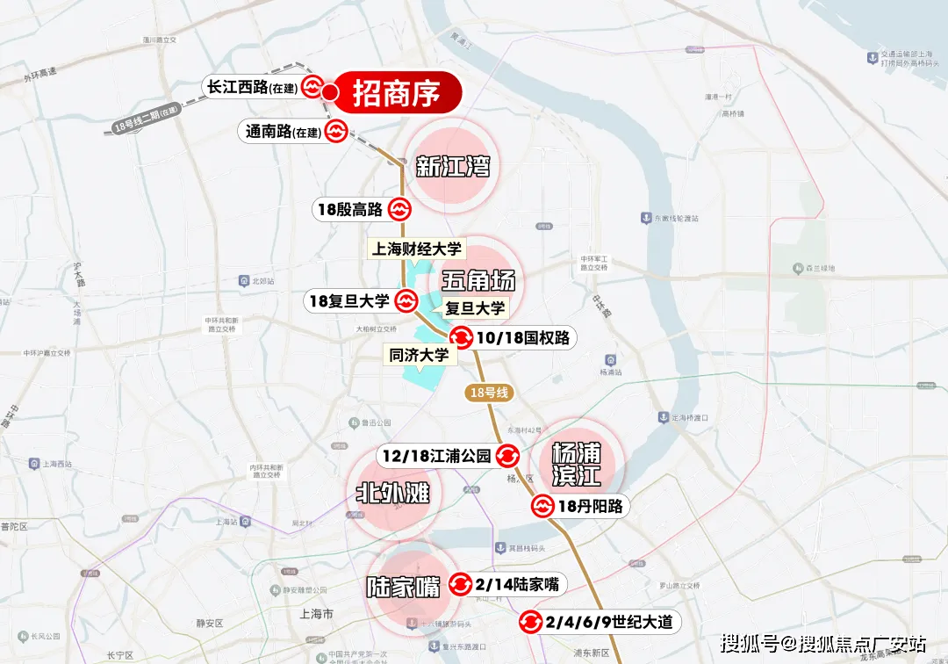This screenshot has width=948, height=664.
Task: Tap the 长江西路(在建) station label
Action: click(251, 87)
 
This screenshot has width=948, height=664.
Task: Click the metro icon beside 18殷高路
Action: click(399, 209)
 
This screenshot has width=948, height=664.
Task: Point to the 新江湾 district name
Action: click(453, 166)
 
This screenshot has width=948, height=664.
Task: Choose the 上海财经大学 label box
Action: click(416, 249)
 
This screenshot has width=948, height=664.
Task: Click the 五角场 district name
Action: click(478, 280)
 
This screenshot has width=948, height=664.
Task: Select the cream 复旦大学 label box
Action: click(475, 308)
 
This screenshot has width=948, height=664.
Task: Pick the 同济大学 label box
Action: click(419, 355)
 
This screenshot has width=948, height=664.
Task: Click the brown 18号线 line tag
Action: click(489, 393)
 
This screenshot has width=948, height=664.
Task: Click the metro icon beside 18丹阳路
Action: click(542, 506)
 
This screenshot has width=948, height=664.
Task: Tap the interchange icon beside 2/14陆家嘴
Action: click(460, 584)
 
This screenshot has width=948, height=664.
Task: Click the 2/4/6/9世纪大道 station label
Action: click(611, 622)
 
